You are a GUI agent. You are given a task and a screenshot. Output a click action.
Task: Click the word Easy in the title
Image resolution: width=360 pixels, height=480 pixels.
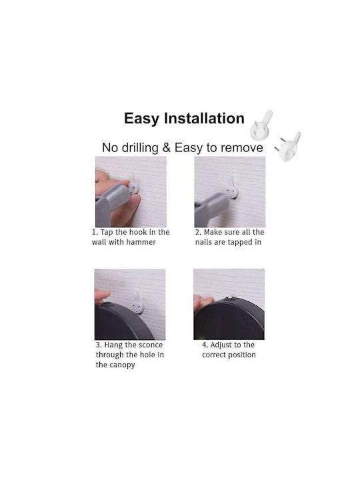[142, 119]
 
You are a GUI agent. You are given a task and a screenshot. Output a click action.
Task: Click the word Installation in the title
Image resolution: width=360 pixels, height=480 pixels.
[204, 118]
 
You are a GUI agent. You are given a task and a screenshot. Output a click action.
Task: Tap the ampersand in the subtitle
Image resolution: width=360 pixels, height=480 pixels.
[166, 147]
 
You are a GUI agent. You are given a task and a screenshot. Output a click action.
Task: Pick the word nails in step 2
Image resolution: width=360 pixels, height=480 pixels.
[203, 242]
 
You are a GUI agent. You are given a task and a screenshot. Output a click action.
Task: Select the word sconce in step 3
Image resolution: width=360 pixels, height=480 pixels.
[150, 345]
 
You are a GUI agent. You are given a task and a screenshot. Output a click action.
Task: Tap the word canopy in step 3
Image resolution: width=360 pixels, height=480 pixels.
[122, 365]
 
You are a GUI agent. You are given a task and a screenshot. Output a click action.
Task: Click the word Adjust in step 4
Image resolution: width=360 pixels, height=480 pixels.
[221, 345]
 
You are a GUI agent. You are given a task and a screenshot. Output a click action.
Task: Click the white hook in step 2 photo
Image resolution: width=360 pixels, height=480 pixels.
[233, 189]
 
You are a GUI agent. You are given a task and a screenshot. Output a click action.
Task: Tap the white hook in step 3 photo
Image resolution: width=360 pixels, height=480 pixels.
[137, 304]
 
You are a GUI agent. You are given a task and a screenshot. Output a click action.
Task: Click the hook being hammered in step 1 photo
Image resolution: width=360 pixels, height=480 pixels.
[133, 186]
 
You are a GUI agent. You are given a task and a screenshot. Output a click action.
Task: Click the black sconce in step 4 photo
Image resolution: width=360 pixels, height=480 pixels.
[229, 319]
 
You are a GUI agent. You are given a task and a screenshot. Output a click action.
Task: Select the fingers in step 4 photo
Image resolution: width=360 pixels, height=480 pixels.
[202, 302]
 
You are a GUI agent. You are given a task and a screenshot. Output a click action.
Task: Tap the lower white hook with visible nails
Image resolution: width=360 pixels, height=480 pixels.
[288, 147]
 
